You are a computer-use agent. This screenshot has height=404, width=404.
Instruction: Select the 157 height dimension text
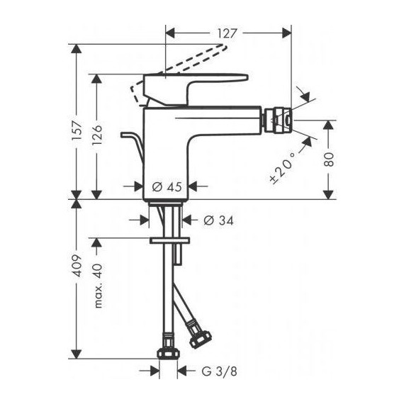[x=79, y=130]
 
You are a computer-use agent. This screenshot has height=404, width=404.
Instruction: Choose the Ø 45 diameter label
[x=168, y=187]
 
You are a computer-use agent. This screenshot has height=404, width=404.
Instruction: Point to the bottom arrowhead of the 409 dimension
[x=79, y=353]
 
